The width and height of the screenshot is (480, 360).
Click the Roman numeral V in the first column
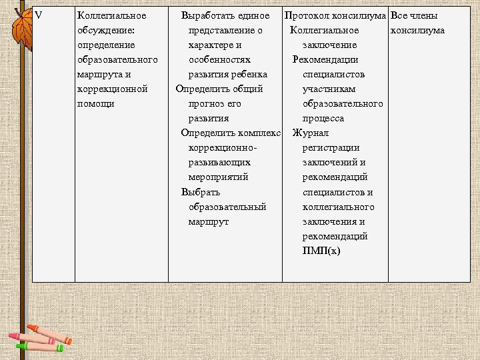click(38, 15)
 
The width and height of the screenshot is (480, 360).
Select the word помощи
click(96, 103)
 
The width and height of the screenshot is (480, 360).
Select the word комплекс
click(259, 133)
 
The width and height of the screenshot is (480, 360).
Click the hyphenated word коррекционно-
click(223, 147)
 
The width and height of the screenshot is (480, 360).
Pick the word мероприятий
click(219, 177)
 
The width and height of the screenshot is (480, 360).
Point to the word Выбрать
click(201, 192)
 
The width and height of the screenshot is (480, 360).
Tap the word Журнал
click(310, 133)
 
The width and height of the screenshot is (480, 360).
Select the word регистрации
click(331, 147)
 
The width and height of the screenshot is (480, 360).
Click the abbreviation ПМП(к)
click(321, 251)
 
